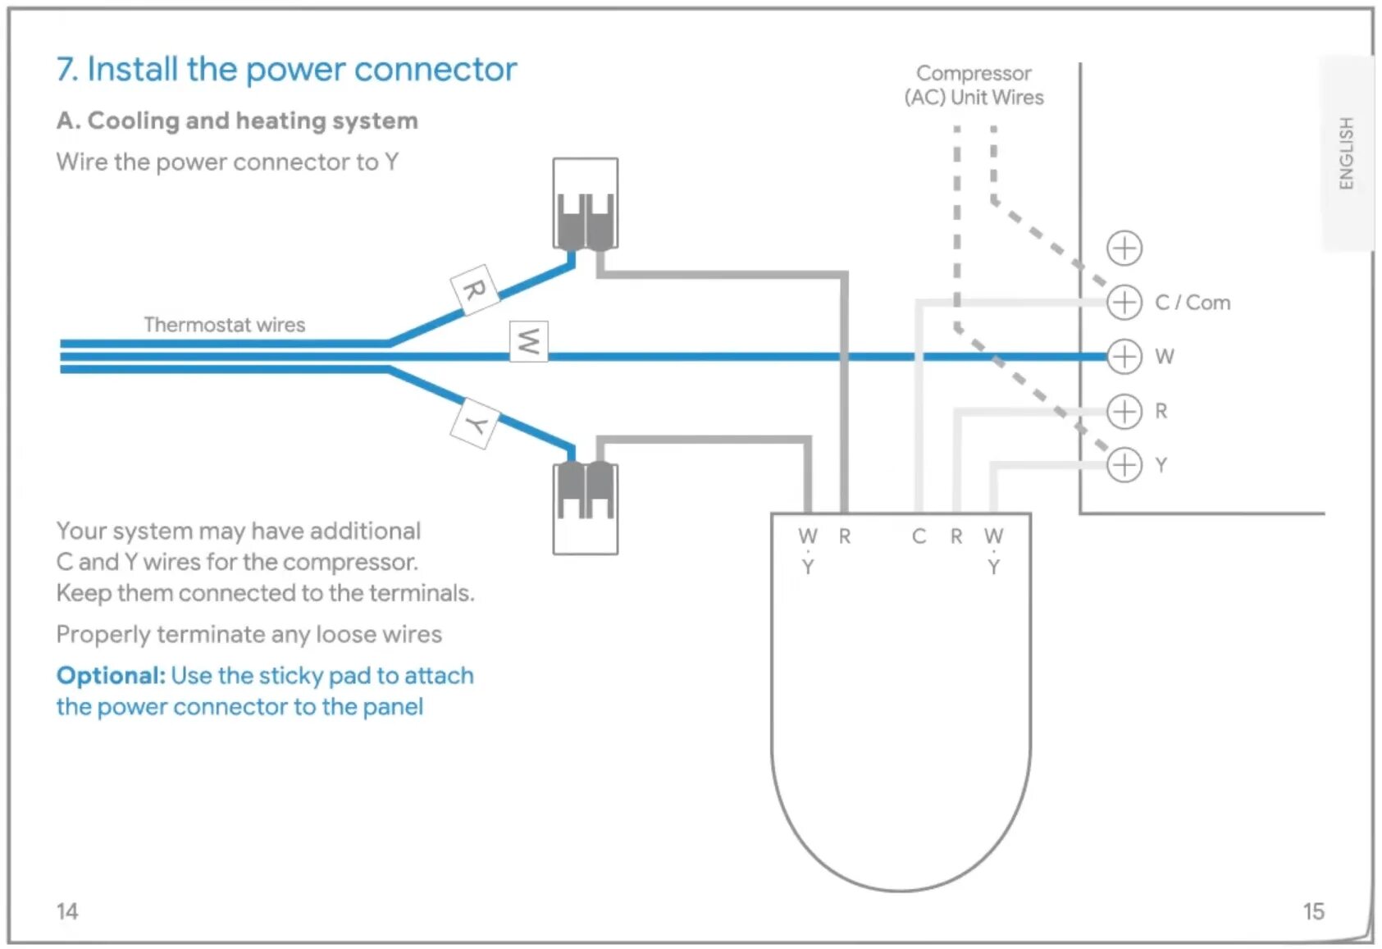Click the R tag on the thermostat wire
(474, 290)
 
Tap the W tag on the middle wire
(529, 341)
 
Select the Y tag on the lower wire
(475, 424)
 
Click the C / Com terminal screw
(1124, 303)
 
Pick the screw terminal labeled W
(1124, 357)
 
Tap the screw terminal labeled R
(1124, 411)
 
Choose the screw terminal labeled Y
(1124, 464)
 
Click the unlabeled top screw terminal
(1124, 249)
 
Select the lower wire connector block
(586, 508)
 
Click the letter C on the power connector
(919, 536)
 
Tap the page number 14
(67, 911)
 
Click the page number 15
(1314, 911)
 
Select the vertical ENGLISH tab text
(1346, 153)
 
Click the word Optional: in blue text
(111, 676)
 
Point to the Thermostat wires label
(225, 325)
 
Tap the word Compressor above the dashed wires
(974, 74)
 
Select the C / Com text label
(1193, 303)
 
